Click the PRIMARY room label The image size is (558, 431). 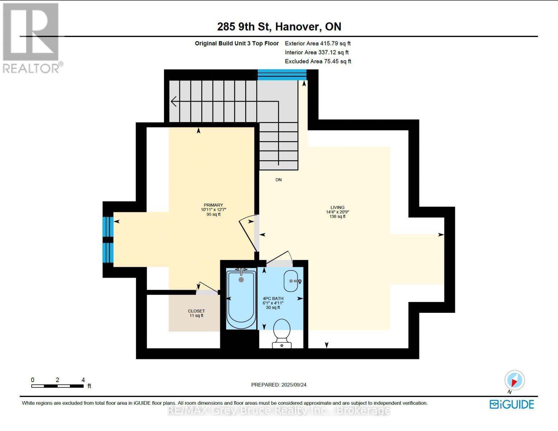click(213, 205)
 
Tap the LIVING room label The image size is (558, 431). click(337, 208)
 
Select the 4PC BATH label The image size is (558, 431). click(273, 298)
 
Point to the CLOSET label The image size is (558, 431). click(196, 311)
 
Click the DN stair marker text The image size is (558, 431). click(278, 180)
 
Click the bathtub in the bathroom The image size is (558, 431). click(241, 299)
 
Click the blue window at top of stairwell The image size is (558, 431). click(282, 75)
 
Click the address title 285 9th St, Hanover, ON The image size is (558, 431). click(279, 27)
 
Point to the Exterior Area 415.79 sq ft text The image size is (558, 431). click(317, 43)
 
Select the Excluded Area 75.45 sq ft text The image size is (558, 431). click(318, 61)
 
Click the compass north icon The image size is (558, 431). click(514, 380)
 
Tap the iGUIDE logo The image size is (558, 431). click(512, 404)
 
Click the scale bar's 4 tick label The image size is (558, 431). click(83, 380)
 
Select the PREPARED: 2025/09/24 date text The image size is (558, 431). click(279, 385)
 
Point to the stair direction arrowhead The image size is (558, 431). click(174, 102)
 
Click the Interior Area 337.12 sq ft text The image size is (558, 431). click(316, 52)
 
